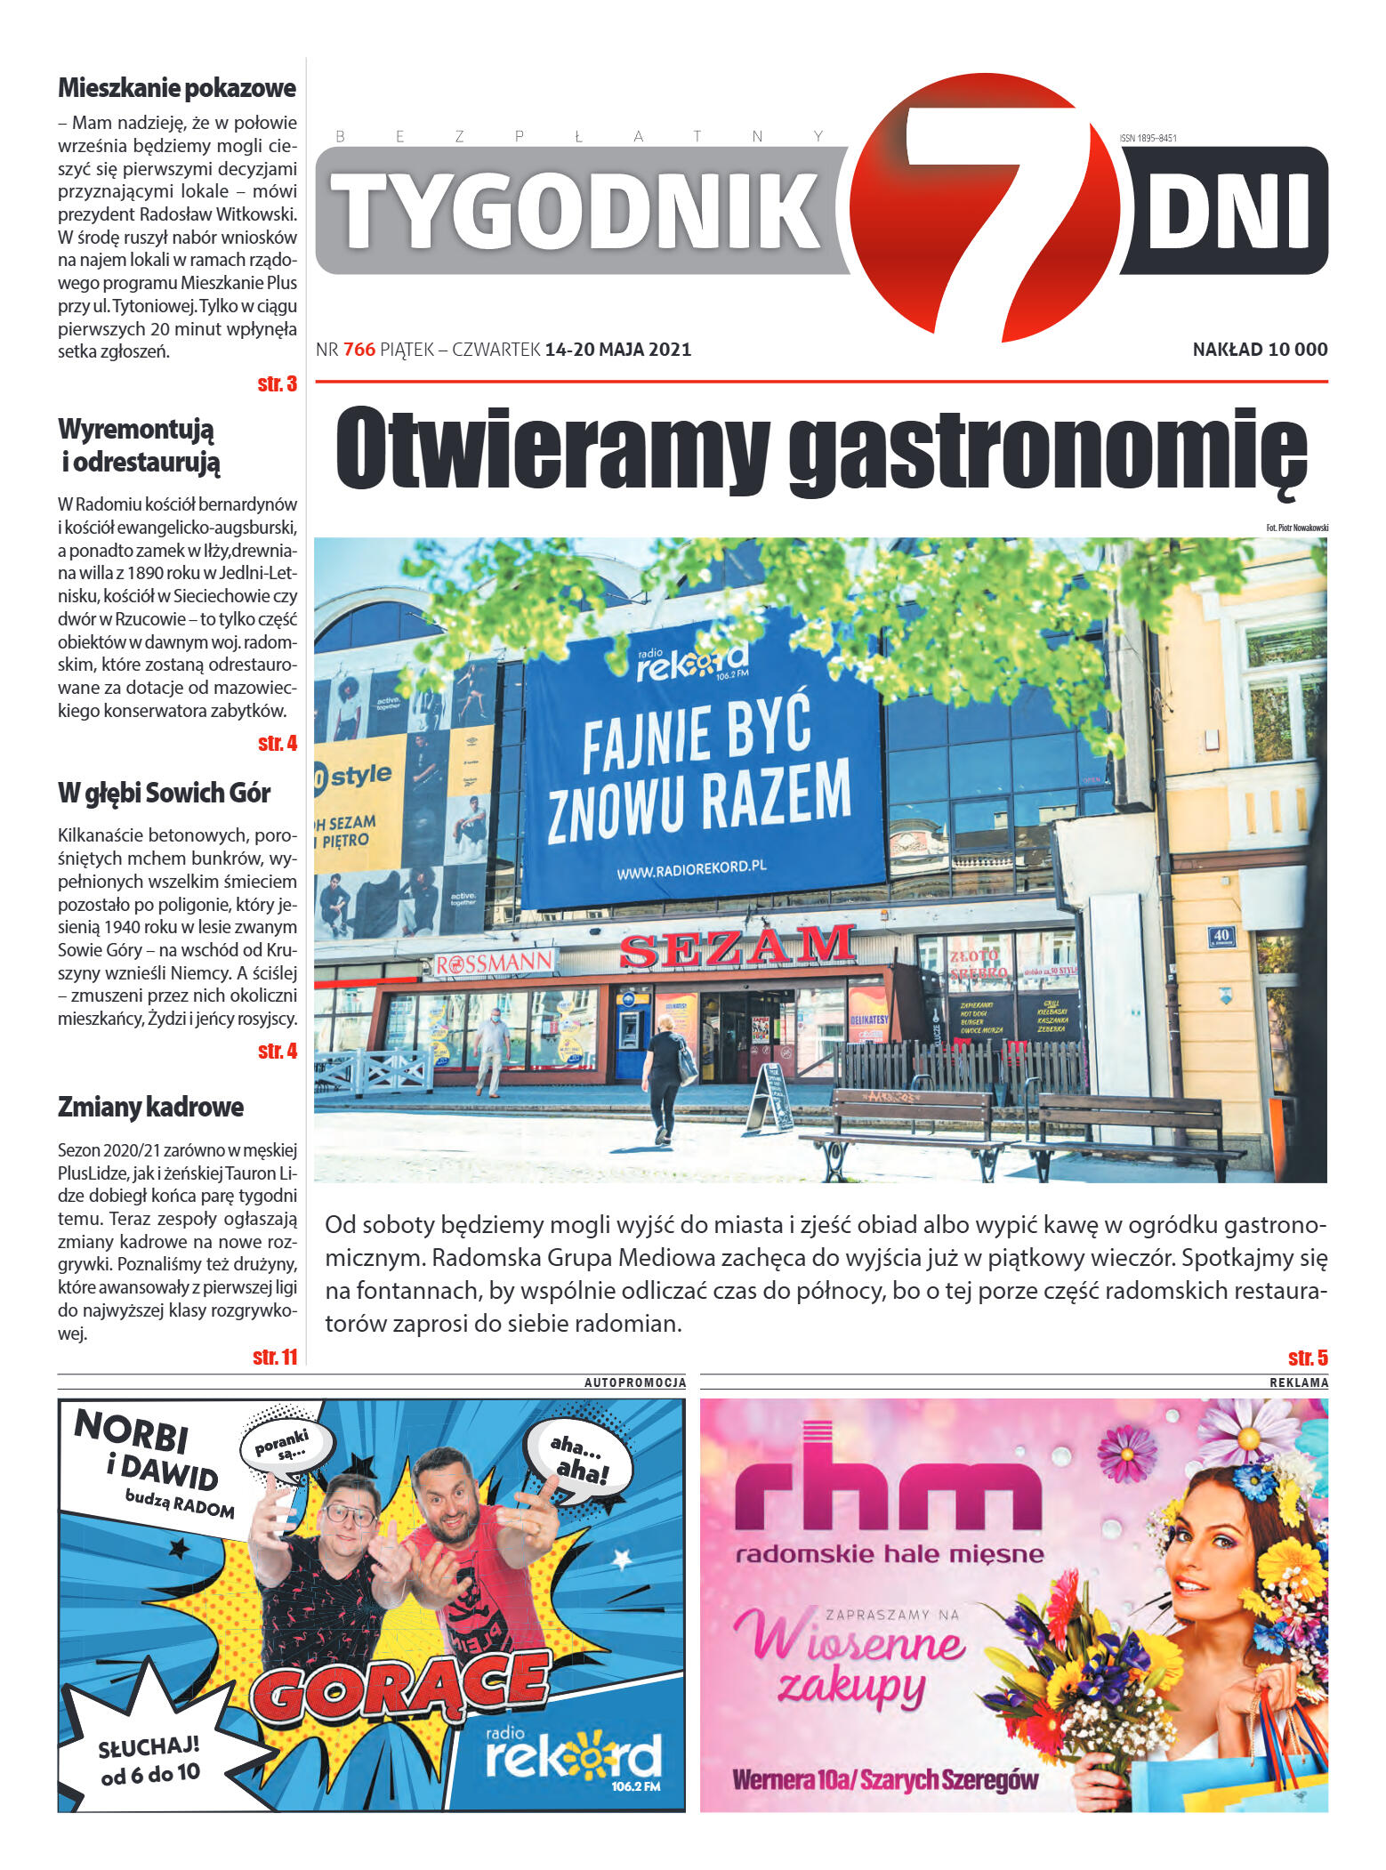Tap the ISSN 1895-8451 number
1148,138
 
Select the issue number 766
359,350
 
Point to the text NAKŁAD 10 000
1260,350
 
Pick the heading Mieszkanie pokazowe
177,88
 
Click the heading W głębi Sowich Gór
165,793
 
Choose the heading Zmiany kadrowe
150,1107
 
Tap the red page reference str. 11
275,1357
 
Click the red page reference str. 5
1308,1358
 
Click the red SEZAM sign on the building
737,947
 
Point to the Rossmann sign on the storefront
495,963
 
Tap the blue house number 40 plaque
1221,935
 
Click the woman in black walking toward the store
665,1076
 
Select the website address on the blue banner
692,869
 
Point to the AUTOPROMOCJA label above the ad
635,1382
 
